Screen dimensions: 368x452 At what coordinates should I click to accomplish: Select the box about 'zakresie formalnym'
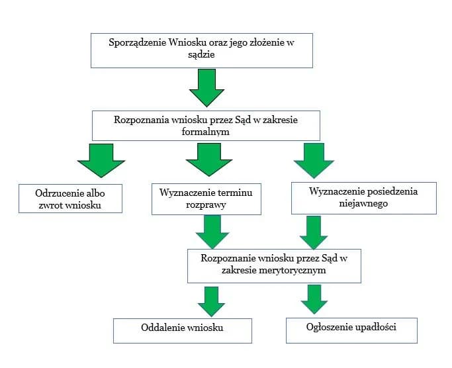click(206, 125)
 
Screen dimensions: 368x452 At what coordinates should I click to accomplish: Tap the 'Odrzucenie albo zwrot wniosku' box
click(71, 198)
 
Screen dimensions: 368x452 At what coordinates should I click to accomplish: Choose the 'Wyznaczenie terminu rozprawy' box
click(206, 199)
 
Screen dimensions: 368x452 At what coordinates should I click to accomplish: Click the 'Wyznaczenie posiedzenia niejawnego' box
click(363, 198)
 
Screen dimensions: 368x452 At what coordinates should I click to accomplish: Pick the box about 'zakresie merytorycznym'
click(273, 265)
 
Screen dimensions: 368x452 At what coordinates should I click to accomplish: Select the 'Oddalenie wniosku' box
click(182, 330)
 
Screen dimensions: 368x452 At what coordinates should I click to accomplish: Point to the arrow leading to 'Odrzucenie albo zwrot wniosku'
click(100, 160)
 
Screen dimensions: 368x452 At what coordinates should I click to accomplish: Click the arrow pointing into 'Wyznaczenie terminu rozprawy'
click(207, 160)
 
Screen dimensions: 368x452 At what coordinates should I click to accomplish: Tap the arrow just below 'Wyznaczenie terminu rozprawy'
click(212, 232)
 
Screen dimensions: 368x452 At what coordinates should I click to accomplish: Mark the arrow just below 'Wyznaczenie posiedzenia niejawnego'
click(314, 232)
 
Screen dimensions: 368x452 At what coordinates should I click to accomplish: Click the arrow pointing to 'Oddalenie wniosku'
click(211, 301)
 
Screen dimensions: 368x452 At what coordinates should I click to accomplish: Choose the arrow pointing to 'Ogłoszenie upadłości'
click(314, 299)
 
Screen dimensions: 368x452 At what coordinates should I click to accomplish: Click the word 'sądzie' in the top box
click(201, 56)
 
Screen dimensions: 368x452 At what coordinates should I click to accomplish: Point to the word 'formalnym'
click(206, 131)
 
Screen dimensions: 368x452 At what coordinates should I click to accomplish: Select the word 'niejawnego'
click(363, 204)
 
